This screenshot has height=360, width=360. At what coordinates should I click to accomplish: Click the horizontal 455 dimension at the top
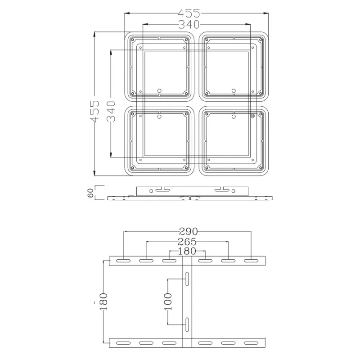[x=189, y=13]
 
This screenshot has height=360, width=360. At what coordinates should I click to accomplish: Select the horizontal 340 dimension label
[x=189, y=24]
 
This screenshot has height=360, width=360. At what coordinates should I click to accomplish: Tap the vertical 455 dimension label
[x=94, y=111]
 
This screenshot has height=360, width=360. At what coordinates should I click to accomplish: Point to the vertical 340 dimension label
[x=111, y=111]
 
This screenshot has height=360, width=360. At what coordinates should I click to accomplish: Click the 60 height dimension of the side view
[x=90, y=193]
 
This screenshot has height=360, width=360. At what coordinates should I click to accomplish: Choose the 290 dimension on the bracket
[x=188, y=231]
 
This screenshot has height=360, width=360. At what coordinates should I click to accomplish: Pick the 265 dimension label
[x=187, y=242]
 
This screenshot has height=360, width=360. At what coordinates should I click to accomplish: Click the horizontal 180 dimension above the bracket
[x=187, y=251]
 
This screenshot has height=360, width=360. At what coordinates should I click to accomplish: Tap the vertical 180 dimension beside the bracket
[x=103, y=301]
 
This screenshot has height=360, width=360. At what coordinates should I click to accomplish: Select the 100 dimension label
[x=168, y=301]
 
